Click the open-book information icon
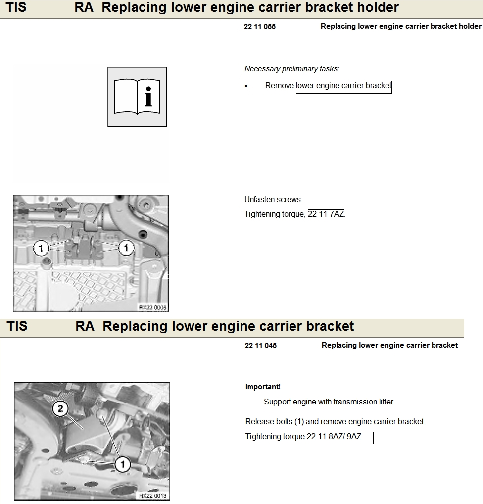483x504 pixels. [x=137, y=97]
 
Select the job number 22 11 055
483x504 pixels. [x=260, y=27]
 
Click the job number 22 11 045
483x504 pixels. [x=261, y=346]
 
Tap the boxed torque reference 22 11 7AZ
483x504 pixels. [x=326, y=215]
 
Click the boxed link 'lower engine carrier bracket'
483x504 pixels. [x=343, y=86]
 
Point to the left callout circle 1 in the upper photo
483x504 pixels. [x=41, y=247]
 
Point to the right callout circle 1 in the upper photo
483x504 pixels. [x=126, y=247]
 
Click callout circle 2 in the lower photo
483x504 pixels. [x=60, y=408]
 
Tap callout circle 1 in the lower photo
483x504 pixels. [x=122, y=464]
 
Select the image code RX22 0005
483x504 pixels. [x=152, y=307]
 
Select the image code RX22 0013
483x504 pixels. [x=152, y=496]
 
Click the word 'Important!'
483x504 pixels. [x=263, y=387]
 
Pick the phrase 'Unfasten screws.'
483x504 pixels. [x=273, y=200]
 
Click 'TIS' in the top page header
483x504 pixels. [x=16, y=8]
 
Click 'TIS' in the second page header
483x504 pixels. [x=17, y=326]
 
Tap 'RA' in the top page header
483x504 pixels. [x=84, y=8]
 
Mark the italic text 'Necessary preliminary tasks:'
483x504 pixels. [x=292, y=69]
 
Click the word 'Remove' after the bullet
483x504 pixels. [x=279, y=86]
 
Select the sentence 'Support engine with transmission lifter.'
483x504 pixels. [x=329, y=402]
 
